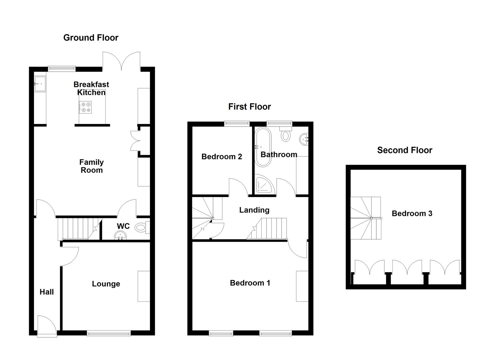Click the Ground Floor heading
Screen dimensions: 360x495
91,38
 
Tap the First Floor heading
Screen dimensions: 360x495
249,107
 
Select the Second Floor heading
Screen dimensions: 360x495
404,150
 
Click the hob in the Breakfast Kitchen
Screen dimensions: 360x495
85,107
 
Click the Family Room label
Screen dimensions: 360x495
91,166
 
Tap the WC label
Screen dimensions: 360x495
123,226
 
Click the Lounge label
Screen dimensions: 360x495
106,284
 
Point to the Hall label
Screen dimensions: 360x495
47,292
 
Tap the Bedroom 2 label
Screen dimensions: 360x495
222,157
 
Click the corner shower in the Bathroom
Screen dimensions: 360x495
264,185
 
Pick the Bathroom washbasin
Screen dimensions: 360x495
304,138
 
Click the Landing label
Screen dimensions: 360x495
254,210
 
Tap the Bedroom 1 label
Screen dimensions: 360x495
250,283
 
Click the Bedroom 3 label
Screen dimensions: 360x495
412,214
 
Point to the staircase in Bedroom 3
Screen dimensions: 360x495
365,218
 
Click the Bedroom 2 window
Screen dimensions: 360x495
237,124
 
